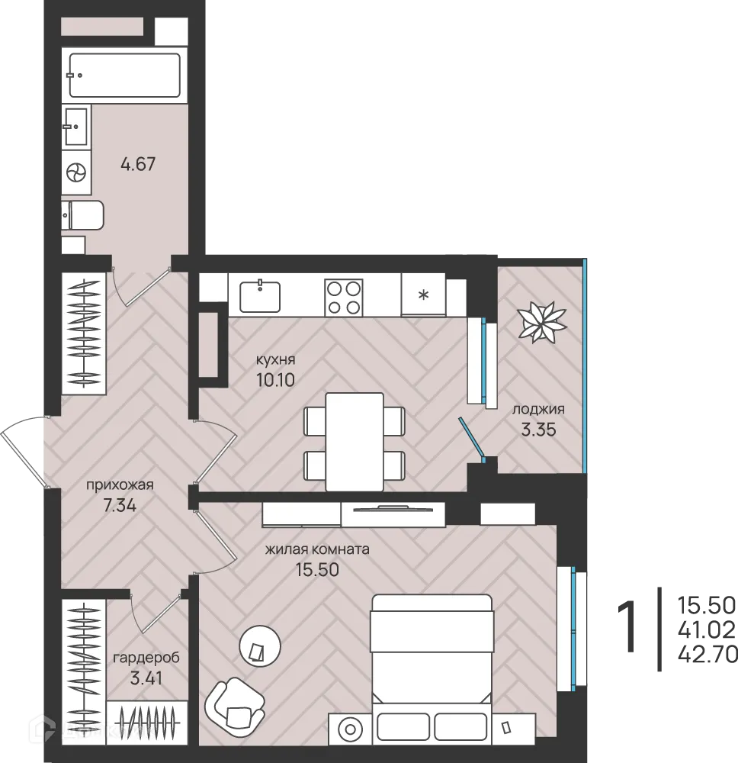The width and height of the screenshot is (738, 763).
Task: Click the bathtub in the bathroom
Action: point(124,75)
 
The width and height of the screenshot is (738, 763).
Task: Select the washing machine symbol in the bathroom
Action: point(76,172)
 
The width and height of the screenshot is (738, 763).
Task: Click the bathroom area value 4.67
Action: point(138,164)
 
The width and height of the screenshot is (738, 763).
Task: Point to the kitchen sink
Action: point(260,296)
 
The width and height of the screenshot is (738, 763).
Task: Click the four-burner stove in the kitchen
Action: point(344,298)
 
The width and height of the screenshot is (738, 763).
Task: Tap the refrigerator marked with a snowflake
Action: point(423,295)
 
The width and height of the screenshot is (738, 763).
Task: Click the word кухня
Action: point(276,360)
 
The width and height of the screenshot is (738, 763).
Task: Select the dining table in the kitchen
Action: point(355,442)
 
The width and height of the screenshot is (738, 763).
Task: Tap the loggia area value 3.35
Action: point(538,430)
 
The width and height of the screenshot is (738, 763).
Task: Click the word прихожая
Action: point(120,485)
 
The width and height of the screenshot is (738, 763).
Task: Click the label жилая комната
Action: point(317,549)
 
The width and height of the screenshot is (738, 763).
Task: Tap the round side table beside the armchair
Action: point(260,645)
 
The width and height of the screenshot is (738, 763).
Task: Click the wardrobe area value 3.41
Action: point(146,678)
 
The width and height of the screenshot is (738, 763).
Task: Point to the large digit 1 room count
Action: point(627,626)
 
